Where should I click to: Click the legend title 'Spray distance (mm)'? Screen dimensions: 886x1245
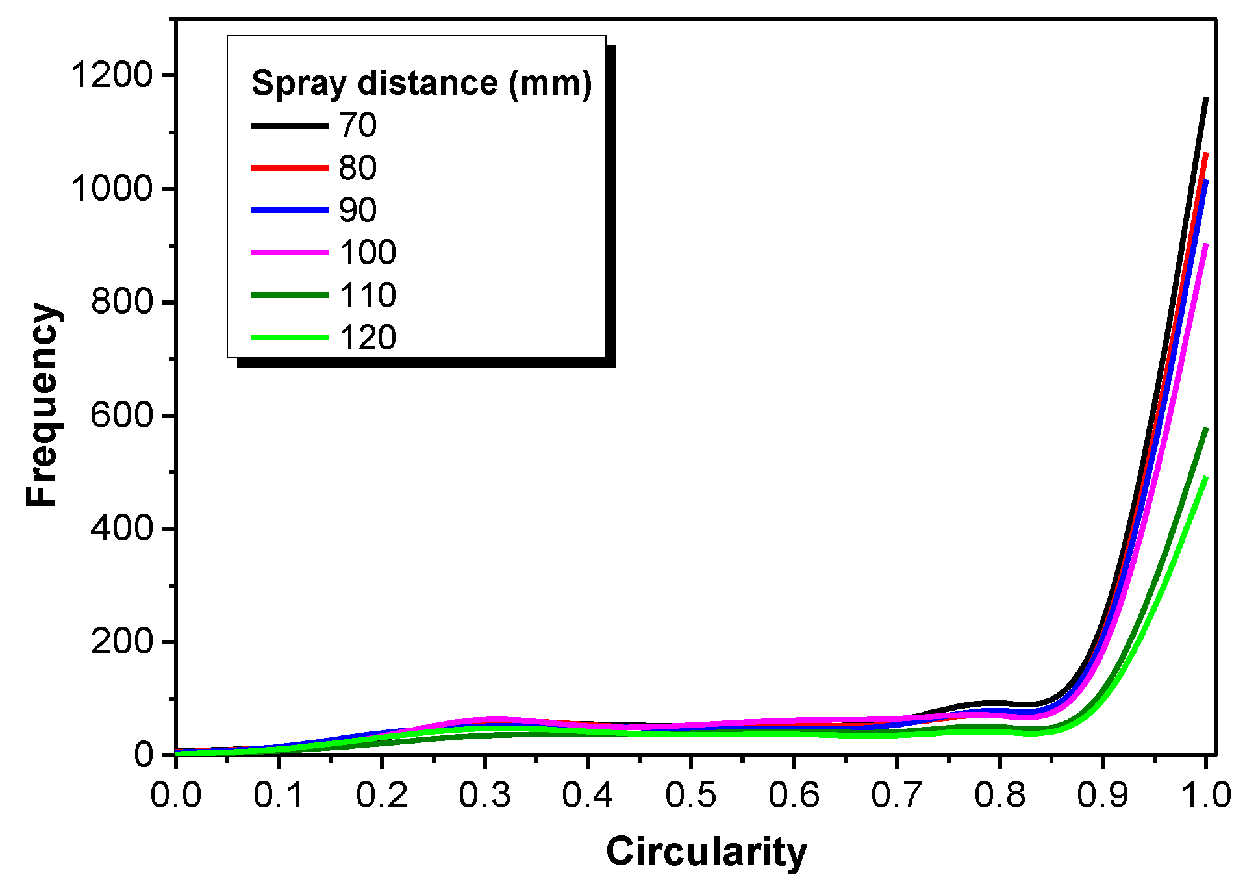click(421, 83)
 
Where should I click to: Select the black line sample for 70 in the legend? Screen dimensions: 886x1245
click(290, 125)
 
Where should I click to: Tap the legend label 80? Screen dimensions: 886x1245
click(357, 168)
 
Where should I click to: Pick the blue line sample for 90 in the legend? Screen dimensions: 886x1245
click(290, 210)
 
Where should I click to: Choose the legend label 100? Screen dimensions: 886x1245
click(368, 252)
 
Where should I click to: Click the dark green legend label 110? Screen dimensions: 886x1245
click(368, 295)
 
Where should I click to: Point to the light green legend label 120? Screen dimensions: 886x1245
click(368, 338)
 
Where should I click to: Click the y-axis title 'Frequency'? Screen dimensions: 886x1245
click(43, 404)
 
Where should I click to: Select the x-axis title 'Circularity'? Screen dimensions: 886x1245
click(707, 851)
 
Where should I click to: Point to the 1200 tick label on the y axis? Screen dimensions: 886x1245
click(111, 75)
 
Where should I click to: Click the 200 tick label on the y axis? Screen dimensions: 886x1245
click(121, 642)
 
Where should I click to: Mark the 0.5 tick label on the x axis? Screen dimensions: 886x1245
click(690, 795)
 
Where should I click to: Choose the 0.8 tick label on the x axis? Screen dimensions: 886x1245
click(1000, 795)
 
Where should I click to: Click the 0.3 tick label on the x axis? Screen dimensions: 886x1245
click(484, 795)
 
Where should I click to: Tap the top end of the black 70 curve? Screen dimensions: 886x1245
click(1206, 99)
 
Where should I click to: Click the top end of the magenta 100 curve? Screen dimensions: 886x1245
click(1206, 245)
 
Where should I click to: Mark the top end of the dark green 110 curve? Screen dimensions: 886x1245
click(1206, 429)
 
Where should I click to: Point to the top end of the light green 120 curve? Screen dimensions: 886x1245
click(1206, 478)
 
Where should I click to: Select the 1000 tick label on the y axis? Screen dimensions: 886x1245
click(111, 188)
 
